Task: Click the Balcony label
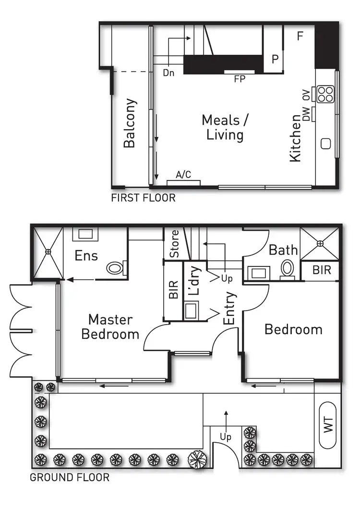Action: tap(130, 123)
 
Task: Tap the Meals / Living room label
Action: tap(225, 127)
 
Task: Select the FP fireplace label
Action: tap(240, 79)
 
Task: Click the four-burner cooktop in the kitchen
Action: tap(324, 94)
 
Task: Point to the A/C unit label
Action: tap(183, 175)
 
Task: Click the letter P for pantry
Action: tap(275, 59)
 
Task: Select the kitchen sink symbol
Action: tap(326, 144)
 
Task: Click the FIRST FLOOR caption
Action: tap(143, 198)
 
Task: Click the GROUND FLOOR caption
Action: tap(70, 478)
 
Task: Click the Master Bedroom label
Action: tap(110, 327)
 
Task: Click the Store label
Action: tap(175, 243)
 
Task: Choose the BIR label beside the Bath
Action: tap(321, 270)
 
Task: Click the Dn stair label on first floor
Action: tap(168, 73)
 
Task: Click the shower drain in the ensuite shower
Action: tap(48, 251)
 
